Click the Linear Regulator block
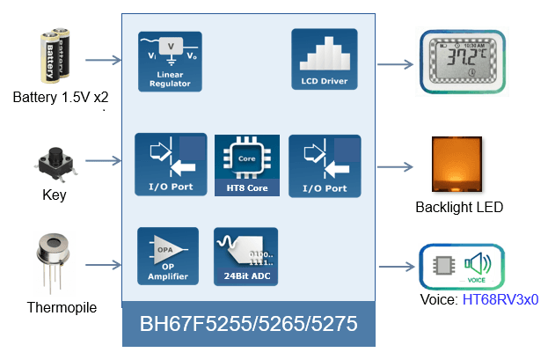pyautogui.click(x=169, y=62)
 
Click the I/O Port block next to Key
pyautogui.click(x=170, y=165)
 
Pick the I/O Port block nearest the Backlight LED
pyautogui.click(x=325, y=165)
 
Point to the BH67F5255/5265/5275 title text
pyautogui.click(x=248, y=324)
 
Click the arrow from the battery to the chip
pyautogui.click(x=104, y=61)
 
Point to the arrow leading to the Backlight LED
pyautogui.click(x=397, y=165)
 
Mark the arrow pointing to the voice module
pyautogui.click(x=397, y=267)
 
